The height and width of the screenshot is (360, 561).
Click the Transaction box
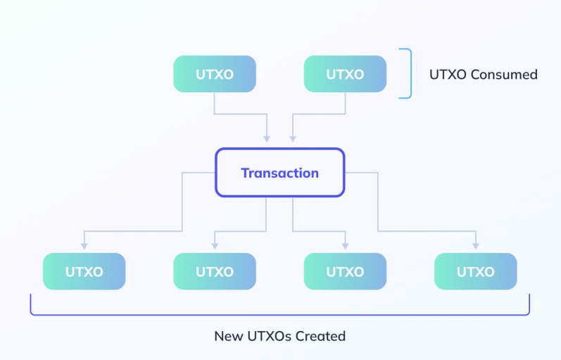(x=279, y=173)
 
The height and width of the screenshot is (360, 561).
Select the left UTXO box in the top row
(x=215, y=74)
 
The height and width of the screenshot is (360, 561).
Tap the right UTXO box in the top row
(x=345, y=74)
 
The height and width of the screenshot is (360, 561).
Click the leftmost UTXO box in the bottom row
(x=84, y=271)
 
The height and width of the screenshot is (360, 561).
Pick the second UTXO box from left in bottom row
(x=215, y=271)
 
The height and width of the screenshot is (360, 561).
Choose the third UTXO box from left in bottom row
(x=345, y=271)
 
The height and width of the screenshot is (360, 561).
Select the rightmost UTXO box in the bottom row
(x=475, y=271)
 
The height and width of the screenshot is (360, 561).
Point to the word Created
(x=320, y=336)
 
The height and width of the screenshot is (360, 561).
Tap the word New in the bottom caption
(x=227, y=336)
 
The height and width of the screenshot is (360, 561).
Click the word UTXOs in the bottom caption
(x=267, y=336)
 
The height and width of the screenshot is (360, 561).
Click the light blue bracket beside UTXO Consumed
(x=407, y=73)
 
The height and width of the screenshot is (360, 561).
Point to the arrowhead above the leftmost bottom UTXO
(x=84, y=244)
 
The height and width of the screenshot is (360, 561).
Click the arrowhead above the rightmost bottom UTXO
(x=475, y=244)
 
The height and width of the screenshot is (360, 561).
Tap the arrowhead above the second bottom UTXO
(x=215, y=244)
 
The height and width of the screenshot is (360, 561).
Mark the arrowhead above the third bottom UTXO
(x=345, y=244)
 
